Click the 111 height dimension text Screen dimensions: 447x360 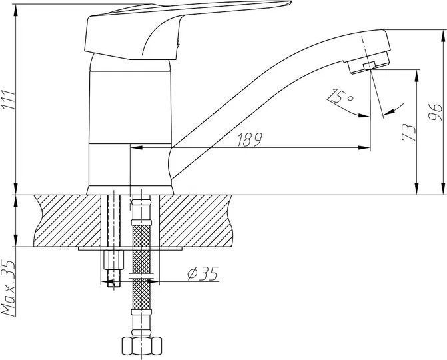[8, 99]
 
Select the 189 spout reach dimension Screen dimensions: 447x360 [250, 139]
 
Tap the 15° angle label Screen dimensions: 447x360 [340, 96]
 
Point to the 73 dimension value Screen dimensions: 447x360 [408, 133]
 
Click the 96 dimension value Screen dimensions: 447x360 [435, 113]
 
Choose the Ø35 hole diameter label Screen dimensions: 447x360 [203, 273]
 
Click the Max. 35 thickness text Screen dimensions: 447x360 [8, 288]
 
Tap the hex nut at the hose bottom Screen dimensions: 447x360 [142, 346]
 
